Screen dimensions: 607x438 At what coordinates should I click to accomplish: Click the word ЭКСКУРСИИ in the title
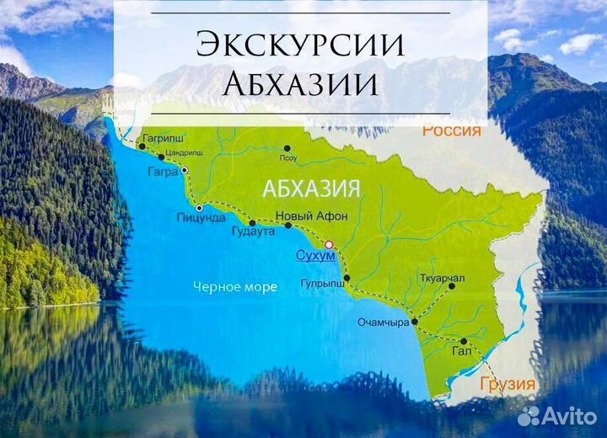pos(301,45)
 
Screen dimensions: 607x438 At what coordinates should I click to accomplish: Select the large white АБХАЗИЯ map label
pos(313,188)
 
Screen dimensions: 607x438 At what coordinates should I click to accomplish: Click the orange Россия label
pos(451,131)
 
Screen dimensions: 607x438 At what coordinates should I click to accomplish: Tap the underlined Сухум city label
pos(311,254)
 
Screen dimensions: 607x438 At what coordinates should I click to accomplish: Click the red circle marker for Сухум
pos(330,243)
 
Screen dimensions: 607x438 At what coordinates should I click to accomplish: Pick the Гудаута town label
pos(252,232)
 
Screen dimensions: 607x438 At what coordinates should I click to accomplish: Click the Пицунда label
pos(200,216)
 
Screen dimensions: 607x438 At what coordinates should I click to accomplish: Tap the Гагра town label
pos(162,172)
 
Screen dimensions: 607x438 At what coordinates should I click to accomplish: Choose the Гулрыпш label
pos(323,286)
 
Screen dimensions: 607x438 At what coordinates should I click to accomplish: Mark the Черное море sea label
pos(234,287)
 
